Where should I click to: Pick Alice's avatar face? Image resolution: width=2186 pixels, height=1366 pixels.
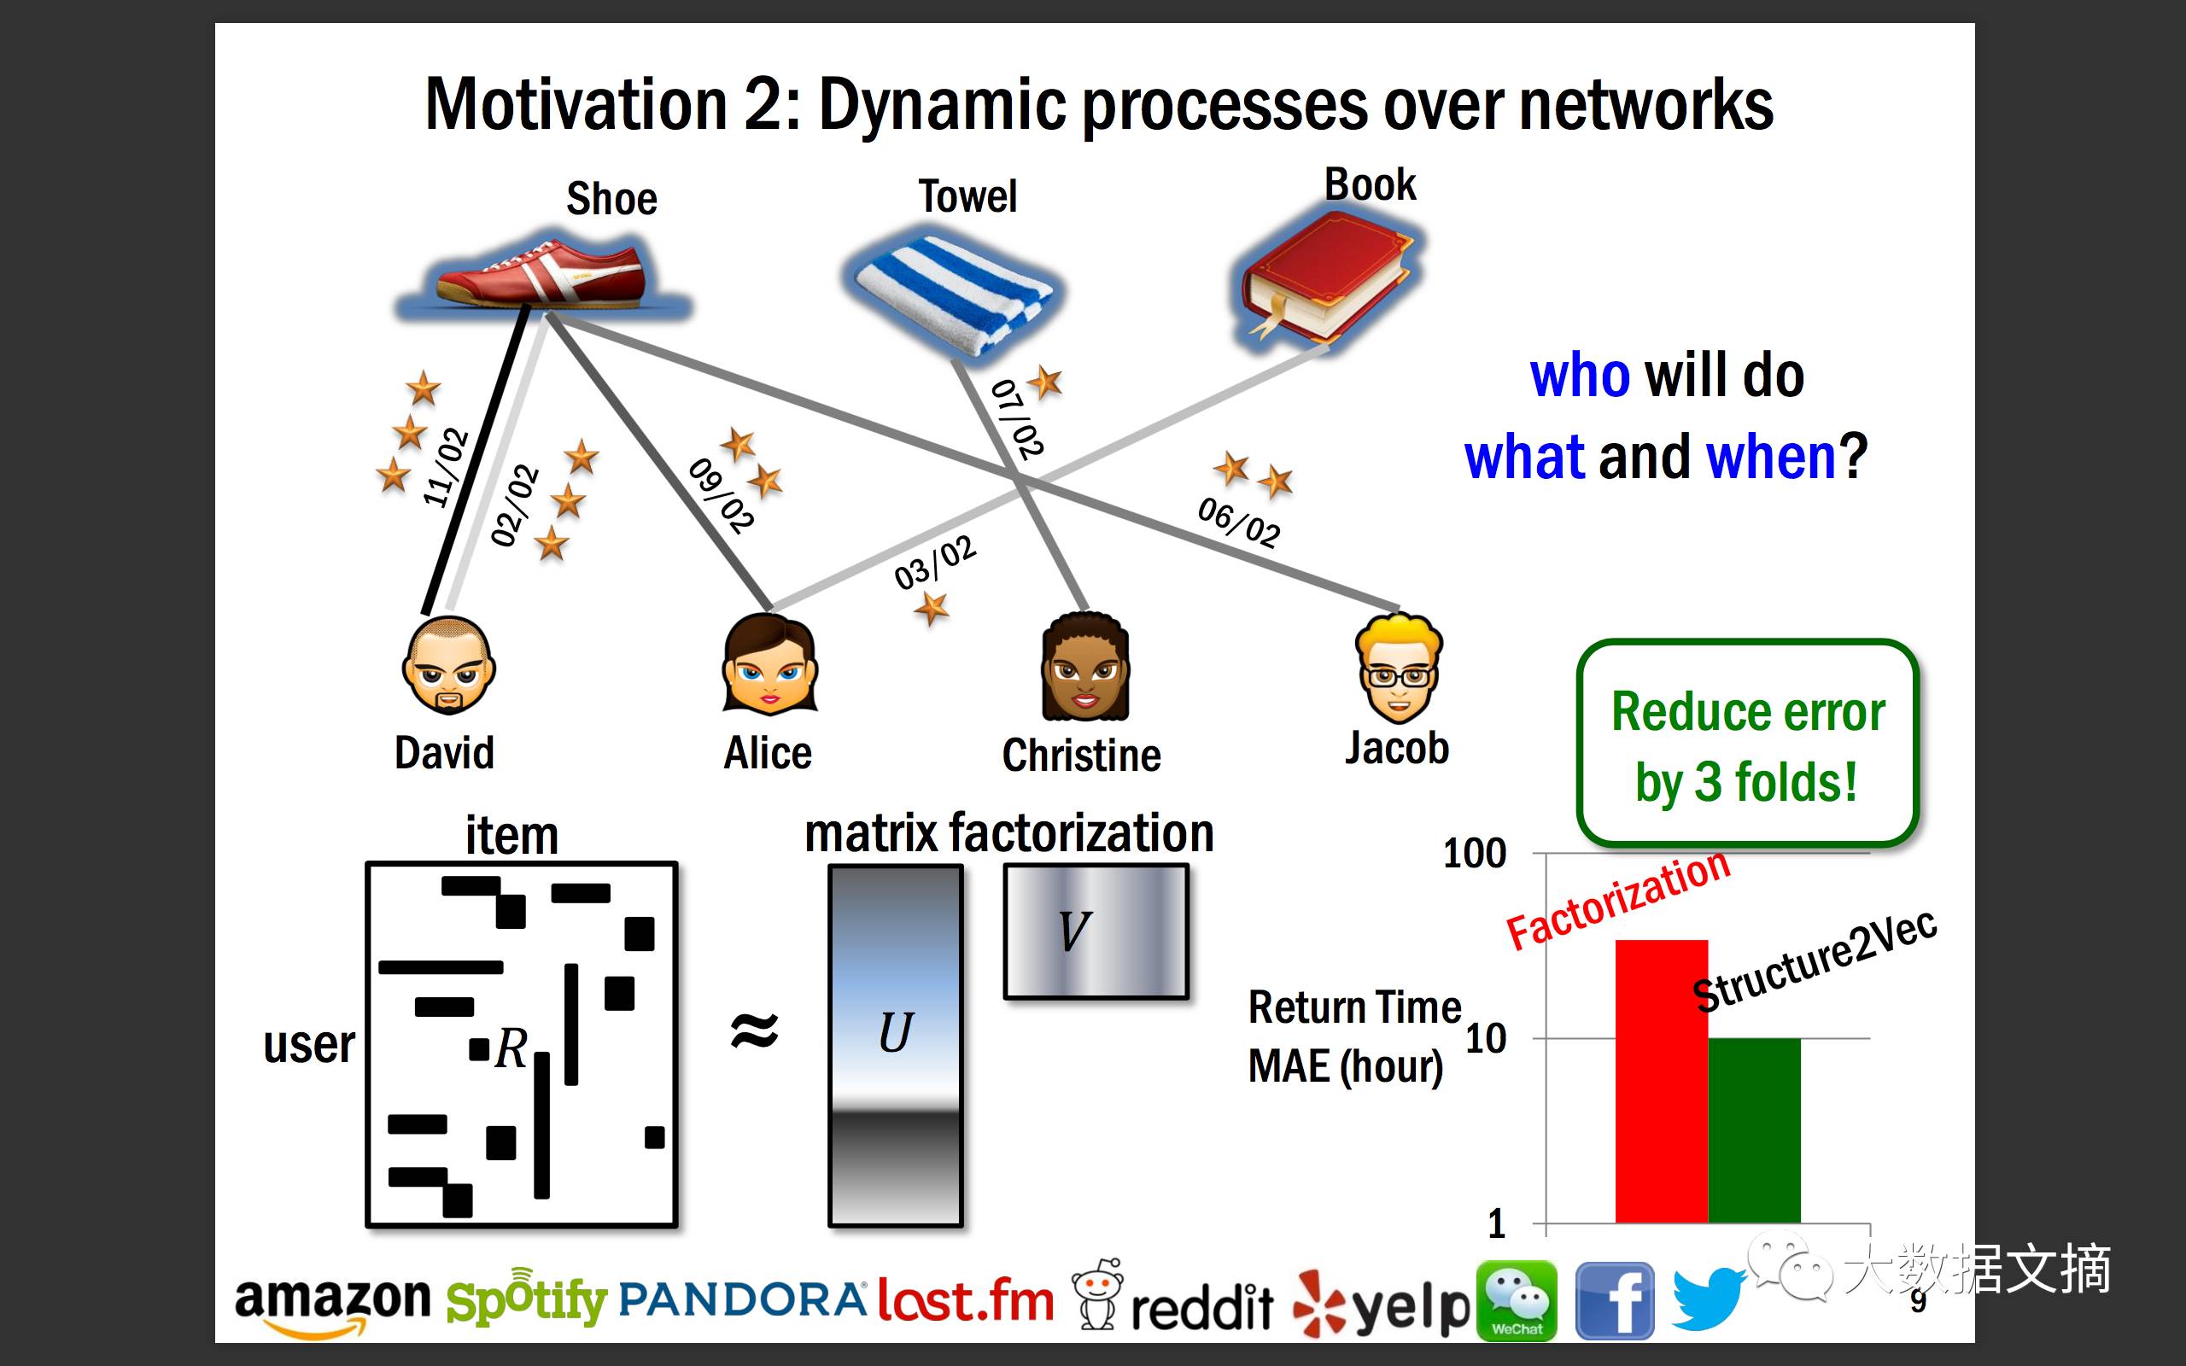(x=769, y=667)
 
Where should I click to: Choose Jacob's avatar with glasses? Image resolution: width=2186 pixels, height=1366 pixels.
(x=1399, y=668)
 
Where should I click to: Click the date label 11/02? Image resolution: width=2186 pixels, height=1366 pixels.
(x=446, y=467)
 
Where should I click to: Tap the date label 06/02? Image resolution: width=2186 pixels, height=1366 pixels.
(x=1239, y=522)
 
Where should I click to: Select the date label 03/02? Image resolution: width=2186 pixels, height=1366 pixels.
(x=935, y=561)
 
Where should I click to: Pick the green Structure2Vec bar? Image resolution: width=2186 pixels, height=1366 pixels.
(x=1753, y=1130)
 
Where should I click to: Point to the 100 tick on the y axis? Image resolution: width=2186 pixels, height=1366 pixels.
(x=1474, y=854)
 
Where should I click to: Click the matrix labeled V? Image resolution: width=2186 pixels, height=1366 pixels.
(x=1096, y=931)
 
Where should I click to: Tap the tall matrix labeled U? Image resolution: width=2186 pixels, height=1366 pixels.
(x=895, y=1044)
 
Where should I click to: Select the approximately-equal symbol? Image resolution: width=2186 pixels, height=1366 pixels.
(x=753, y=1030)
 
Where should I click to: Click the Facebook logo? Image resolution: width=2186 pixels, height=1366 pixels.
(x=1614, y=1301)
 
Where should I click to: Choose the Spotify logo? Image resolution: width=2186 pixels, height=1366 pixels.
(x=526, y=1299)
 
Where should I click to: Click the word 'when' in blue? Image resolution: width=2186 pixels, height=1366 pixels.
(x=1771, y=457)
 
